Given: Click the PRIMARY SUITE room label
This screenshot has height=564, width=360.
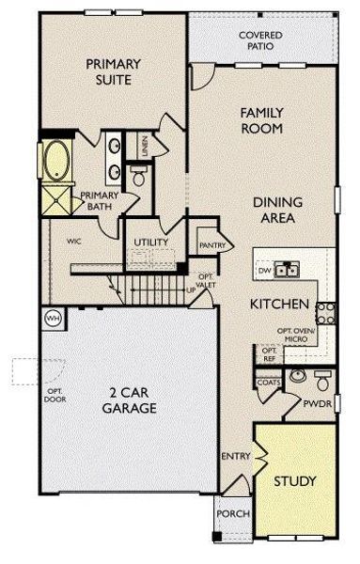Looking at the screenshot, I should tap(113, 72).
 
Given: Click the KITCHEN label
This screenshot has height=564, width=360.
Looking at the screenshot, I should tap(280, 305).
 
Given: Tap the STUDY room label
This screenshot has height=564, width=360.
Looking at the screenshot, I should tap(294, 480).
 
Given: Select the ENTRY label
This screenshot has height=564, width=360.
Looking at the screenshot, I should tap(234, 456).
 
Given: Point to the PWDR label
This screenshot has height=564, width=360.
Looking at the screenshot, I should tap(315, 405).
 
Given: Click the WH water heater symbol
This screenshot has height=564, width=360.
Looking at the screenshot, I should tap(53, 317).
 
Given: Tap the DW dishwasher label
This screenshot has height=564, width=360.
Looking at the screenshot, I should tap(265, 271).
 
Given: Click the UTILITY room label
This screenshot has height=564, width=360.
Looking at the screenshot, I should tap(151, 243).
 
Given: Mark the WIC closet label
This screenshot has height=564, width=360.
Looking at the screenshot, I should tap(75, 242).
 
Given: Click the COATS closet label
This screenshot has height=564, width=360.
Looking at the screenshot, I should tap(266, 383).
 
